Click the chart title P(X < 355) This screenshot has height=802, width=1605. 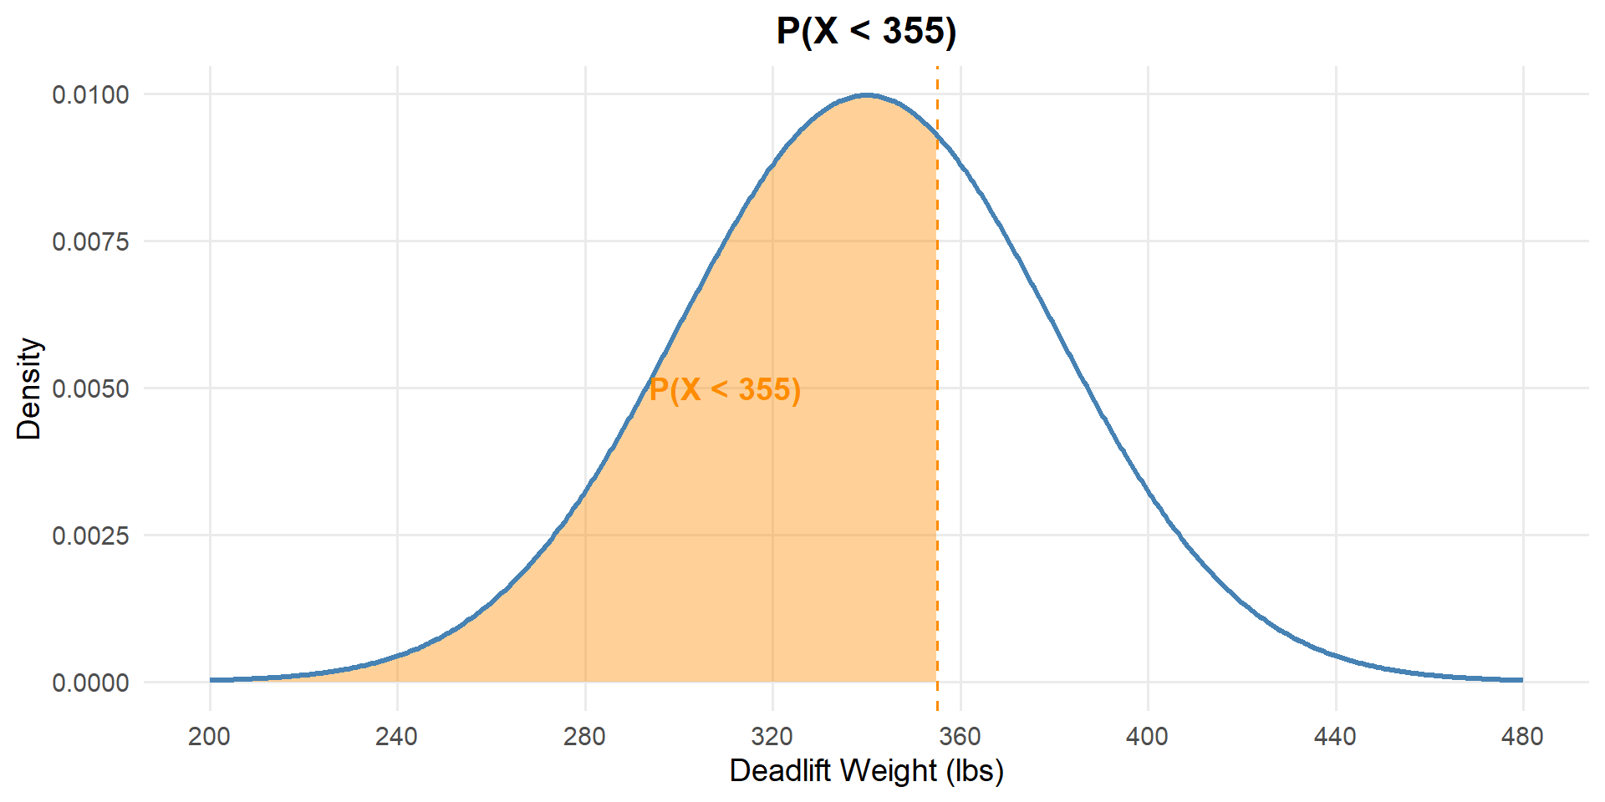click(x=866, y=31)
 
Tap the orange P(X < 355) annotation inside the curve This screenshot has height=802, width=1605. click(x=725, y=389)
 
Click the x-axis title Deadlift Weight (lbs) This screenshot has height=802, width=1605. click(x=866, y=770)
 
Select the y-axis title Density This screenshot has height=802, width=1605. click(x=29, y=388)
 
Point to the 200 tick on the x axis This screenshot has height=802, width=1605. click(x=209, y=736)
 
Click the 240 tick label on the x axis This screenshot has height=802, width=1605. click(x=396, y=736)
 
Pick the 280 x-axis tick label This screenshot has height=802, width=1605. click(x=584, y=736)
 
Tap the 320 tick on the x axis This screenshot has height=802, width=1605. click(x=772, y=736)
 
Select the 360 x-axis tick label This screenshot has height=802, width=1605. click(x=960, y=736)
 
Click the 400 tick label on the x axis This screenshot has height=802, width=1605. click(x=1147, y=736)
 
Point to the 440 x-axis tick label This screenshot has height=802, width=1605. click(x=1335, y=736)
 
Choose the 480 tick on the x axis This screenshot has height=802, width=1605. click(x=1522, y=736)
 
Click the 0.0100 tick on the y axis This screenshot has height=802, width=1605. click(x=91, y=94)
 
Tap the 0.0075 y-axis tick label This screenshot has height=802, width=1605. click(x=91, y=241)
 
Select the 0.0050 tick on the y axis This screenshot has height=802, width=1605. click(x=91, y=388)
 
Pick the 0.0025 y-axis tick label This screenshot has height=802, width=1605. click(x=91, y=536)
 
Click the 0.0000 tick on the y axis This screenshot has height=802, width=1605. click(x=91, y=683)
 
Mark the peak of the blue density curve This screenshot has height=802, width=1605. click(x=867, y=95)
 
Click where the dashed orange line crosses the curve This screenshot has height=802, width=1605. click(x=937, y=137)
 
